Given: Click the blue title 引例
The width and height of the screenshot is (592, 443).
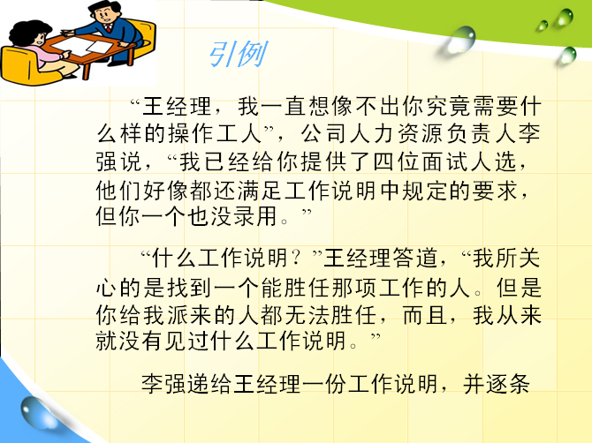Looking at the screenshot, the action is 238,55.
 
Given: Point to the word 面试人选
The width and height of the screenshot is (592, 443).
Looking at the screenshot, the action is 469,162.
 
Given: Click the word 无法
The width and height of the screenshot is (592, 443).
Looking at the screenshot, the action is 307,315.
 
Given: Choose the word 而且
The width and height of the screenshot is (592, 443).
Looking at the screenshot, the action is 425,315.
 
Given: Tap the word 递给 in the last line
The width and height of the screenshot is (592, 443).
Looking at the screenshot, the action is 210,384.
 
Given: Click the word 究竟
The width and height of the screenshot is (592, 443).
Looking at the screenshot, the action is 448,106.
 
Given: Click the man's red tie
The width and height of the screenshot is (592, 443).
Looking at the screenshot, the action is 109,27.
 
